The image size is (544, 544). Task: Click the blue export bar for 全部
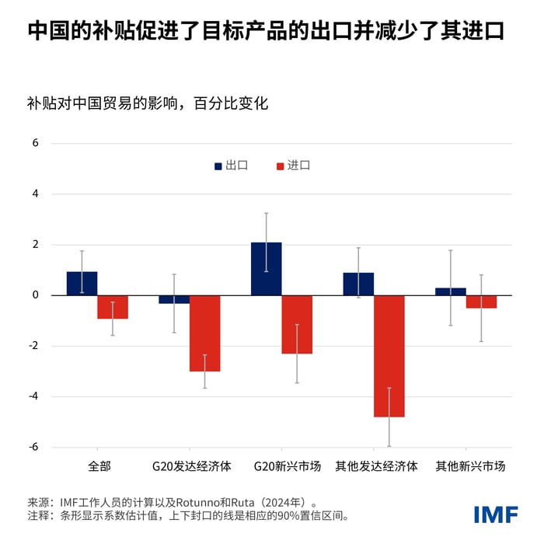pos(82,284)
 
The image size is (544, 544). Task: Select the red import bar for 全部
pos(113,307)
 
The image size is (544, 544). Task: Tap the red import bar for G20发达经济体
pos(204,333)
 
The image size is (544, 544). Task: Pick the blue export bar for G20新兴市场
pos(266,269)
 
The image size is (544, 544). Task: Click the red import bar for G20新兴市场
pos(297,325)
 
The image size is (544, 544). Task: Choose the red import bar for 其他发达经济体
pos(389,356)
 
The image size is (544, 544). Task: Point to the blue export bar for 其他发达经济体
pos(358,284)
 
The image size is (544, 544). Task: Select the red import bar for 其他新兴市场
pos(481,302)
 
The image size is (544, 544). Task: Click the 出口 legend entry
pos(231,166)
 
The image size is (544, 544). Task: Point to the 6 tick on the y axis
pos(35,144)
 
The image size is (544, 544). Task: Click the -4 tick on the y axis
pos(33,396)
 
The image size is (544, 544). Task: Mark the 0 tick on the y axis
pos(35,295)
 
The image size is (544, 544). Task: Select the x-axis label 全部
pos(99,467)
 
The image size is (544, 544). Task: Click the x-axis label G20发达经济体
pos(191,467)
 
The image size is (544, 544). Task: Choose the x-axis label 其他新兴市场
pos(470,467)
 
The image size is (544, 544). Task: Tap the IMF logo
pos(495,514)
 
